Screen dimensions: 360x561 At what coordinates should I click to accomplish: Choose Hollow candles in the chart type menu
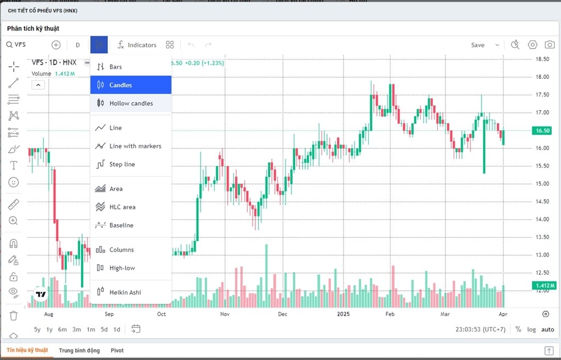click(131, 103)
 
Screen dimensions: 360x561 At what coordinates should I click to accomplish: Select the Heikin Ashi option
click(125, 292)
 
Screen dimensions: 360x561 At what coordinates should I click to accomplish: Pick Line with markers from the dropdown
click(135, 146)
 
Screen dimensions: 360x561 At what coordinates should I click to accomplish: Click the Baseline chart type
click(121, 225)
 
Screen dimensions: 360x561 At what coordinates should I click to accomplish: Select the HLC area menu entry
click(122, 207)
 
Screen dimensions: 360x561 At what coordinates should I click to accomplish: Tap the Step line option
click(122, 164)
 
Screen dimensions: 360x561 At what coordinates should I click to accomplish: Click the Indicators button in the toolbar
click(137, 45)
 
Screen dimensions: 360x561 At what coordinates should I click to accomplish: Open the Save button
click(478, 45)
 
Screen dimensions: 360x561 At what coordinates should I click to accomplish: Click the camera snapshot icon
click(549, 45)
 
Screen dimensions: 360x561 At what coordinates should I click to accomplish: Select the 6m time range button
click(62, 329)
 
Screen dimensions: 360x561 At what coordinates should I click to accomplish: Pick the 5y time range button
click(37, 329)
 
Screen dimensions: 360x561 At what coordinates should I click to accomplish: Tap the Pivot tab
click(117, 350)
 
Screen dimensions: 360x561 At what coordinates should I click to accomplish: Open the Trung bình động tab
click(79, 350)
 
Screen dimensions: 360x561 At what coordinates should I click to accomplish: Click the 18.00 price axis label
click(543, 77)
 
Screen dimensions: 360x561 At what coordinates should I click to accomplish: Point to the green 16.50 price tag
click(543, 130)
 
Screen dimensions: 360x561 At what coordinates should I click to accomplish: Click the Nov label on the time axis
click(224, 315)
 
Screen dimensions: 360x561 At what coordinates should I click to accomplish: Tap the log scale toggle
click(531, 329)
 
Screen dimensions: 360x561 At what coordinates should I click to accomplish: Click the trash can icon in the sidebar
click(14, 316)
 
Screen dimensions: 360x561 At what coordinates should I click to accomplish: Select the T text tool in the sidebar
click(14, 165)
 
